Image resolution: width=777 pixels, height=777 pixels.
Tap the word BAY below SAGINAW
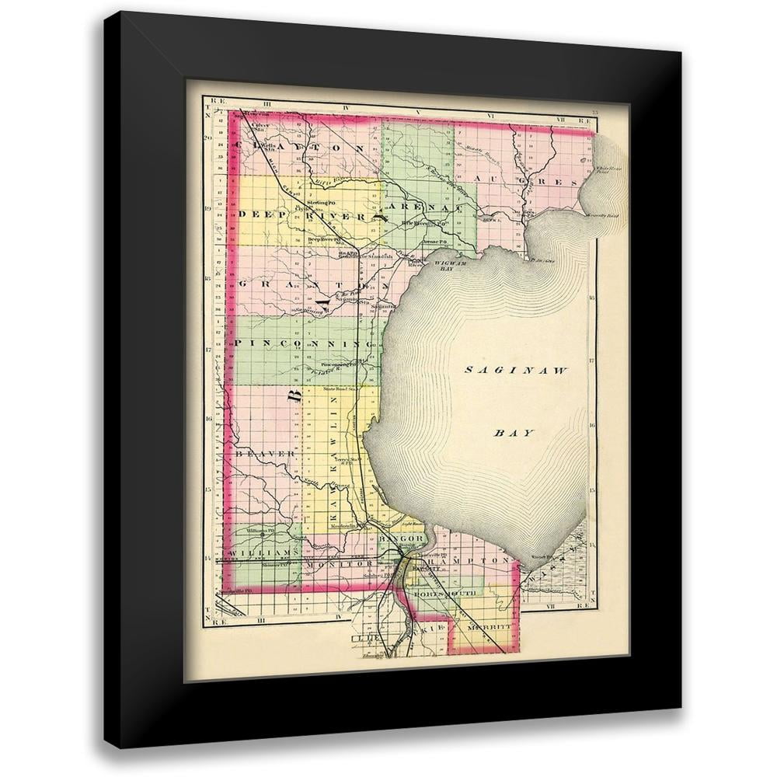pos(514,433)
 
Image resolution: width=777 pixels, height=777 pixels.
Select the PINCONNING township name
pos(304,343)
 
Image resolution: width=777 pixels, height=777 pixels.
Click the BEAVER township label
pos(266,453)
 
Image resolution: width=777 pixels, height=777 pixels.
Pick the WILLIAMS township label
pos(264,552)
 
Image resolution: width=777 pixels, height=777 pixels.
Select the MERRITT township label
pos(490,625)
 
